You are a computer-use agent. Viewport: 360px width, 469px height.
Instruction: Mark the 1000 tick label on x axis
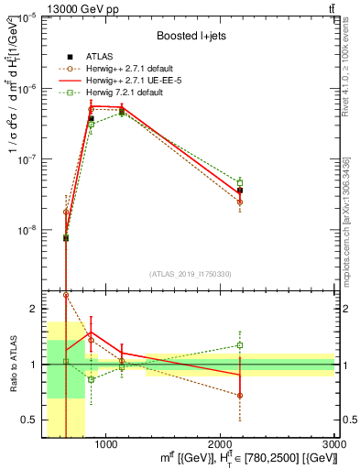point(106,444)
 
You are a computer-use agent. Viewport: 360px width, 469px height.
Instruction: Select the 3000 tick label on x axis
point(335,444)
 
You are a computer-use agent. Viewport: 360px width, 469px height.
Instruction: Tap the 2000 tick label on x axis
point(221,444)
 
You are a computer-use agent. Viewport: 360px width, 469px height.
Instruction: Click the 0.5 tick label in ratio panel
point(29,420)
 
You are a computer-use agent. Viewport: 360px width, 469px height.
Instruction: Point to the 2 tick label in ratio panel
point(33,309)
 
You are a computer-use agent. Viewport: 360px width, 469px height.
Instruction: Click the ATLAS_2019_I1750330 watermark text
point(191,274)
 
